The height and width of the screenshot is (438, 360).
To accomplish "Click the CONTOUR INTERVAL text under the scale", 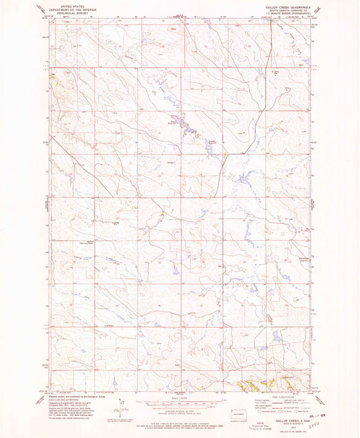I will pos(179,410).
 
